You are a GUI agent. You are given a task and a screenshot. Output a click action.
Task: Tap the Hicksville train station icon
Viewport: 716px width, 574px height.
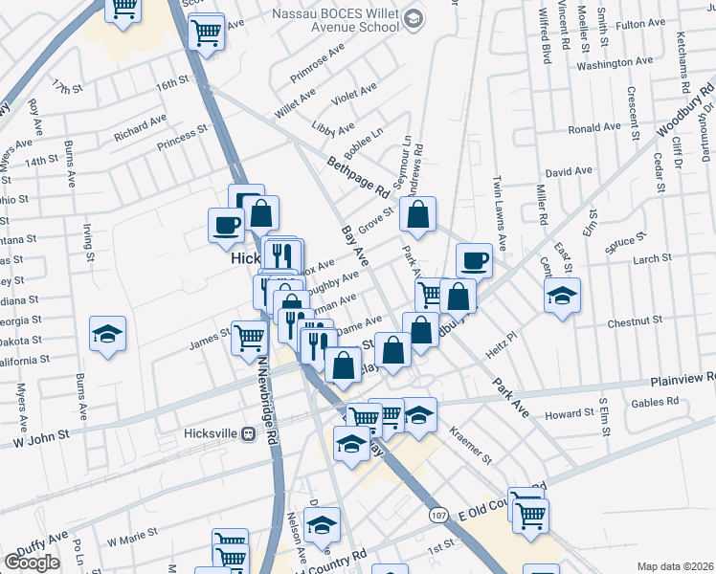pyautogui.click(x=249, y=432)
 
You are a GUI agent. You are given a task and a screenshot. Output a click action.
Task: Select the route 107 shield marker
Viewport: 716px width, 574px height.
pyautogui.click(x=438, y=516)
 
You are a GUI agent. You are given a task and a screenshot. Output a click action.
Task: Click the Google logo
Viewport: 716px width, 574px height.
pyautogui.click(x=32, y=562)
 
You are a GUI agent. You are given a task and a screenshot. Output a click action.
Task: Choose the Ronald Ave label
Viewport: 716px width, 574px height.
pyautogui.click(x=594, y=128)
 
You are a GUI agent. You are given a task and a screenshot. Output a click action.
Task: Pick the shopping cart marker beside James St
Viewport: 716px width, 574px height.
pyautogui.click(x=249, y=338)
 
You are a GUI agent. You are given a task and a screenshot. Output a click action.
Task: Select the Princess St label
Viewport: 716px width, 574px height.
pyautogui.click(x=182, y=138)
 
